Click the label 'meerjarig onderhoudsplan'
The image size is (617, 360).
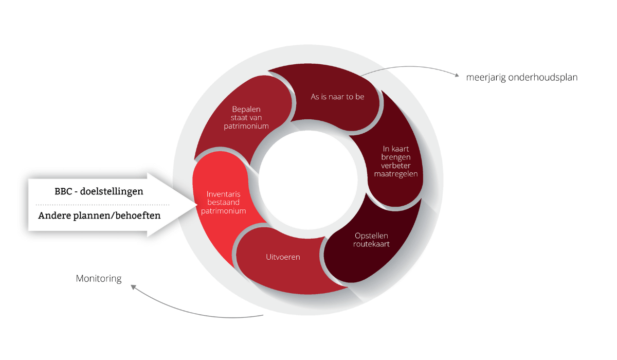pos(522,78)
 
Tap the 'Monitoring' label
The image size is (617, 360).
pos(99,279)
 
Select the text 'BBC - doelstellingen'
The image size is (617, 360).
pos(99,191)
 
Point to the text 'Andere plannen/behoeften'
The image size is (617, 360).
pos(99,215)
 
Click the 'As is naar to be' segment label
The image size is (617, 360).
pos(337,96)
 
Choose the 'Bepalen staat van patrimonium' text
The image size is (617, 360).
pos(246,117)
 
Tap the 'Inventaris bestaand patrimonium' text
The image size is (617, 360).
pos(226,202)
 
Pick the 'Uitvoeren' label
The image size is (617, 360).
pos(283,257)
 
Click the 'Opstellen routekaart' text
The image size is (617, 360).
pos(371,240)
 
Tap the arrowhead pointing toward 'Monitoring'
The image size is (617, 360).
pos(133,287)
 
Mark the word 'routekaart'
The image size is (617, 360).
pos(371,244)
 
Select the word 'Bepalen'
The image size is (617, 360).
pos(246,109)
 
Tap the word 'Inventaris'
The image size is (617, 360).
pos(226,194)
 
